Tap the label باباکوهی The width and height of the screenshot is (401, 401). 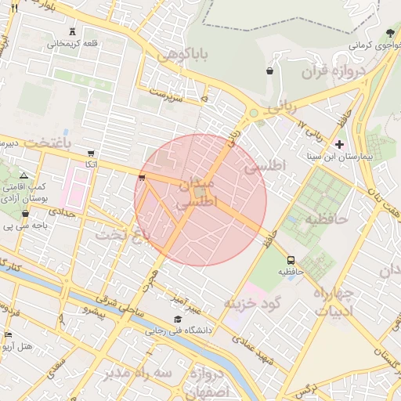pos(184,56)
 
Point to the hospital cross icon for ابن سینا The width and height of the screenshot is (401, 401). pos(338,144)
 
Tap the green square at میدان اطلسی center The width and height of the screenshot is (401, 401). pos(200,191)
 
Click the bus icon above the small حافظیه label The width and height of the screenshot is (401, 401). pos(291,259)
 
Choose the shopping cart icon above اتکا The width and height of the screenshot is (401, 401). pos(92,153)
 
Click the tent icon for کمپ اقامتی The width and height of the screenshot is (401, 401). pos(23,175)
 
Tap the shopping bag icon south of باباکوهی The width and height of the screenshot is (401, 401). pos(270,70)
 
